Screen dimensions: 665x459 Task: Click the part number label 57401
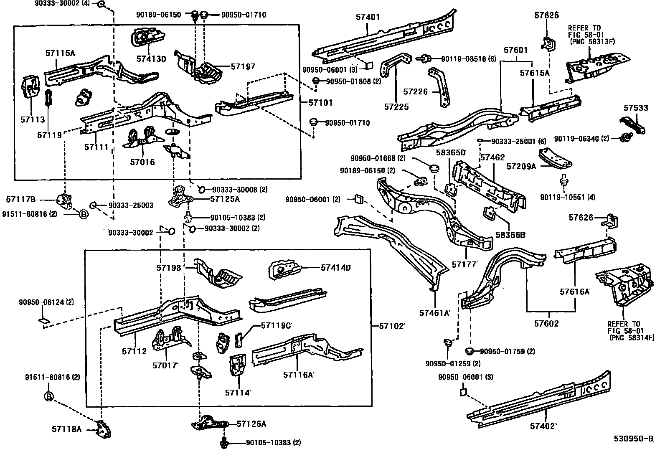(368, 17)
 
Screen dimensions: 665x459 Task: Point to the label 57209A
(521, 167)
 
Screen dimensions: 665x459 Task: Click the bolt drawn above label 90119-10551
(563, 180)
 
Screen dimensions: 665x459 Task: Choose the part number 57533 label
(636, 108)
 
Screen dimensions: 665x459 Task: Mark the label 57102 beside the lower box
(391, 326)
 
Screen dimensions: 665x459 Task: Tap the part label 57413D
(151, 59)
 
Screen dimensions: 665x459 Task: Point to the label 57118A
(66, 429)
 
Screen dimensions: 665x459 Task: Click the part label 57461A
(434, 313)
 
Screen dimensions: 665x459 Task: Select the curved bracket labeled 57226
(439, 87)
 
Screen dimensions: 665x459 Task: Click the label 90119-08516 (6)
(469, 59)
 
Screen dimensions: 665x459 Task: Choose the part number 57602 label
(546, 323)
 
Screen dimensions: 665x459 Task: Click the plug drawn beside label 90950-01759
(470, 351)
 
